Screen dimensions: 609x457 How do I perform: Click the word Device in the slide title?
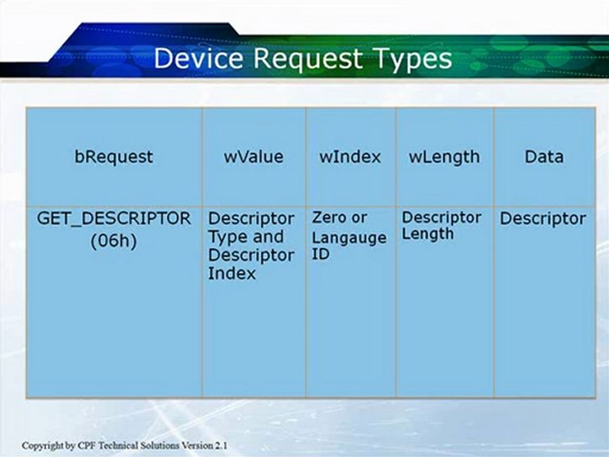coord(199,58)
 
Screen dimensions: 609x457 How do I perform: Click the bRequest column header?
coord(114,157)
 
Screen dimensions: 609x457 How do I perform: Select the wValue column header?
coord(254,157)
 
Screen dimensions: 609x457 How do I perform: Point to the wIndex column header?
coord(350,157)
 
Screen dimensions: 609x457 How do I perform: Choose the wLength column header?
coord(444,157)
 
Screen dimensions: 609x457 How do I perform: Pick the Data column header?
coord(544,157)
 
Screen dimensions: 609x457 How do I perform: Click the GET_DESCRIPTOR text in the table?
coord(114,219)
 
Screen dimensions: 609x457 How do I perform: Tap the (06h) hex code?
coord(114,241)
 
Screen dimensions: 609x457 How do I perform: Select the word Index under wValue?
coord(232,273)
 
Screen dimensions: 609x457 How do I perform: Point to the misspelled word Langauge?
coord(349,238)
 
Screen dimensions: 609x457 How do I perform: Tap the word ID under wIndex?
coord(320,254)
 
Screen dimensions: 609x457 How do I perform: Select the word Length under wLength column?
coord(428,234)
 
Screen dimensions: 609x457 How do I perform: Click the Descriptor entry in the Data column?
coord(542,219)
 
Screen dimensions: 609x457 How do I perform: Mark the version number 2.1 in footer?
coord(222,446)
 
